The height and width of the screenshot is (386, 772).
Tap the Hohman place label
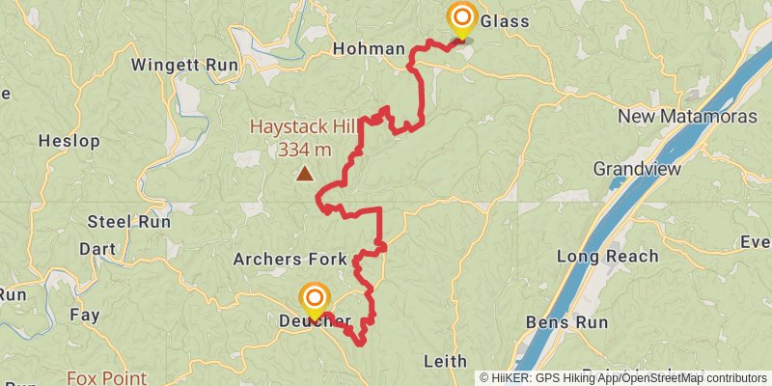(368, 48)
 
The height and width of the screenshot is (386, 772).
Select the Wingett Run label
(183, 67)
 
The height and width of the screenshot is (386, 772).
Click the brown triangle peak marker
(305, 174)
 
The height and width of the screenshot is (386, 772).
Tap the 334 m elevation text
(304, 150)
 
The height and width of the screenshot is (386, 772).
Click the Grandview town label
(637, 169)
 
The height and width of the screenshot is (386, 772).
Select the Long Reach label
(608, 257)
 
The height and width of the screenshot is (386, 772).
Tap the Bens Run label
(567, 321)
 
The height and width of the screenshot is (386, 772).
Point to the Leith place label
(446, 361)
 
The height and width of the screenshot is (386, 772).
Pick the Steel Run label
(128, 221)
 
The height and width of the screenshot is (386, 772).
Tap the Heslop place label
(69, 141)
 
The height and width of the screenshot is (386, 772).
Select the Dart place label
(97, 249)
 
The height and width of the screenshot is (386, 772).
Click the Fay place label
(85, 315)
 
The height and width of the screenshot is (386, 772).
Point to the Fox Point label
(106, 378)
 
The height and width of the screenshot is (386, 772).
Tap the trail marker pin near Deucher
(314, 299)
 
